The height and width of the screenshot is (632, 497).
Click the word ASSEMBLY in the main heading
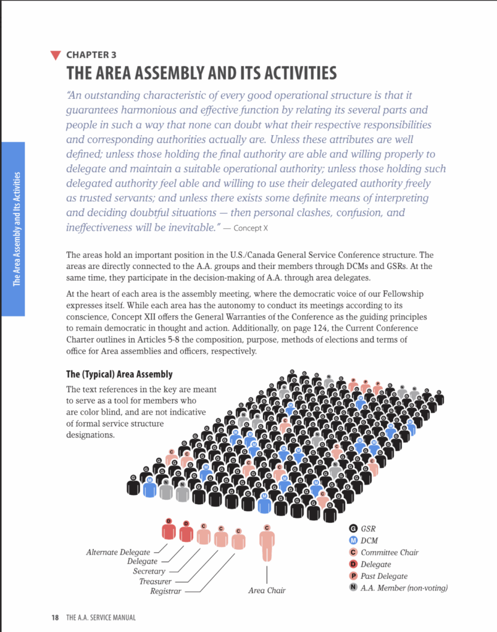tap(172, 73)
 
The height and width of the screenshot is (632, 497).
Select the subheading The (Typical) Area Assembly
tap(119, 375)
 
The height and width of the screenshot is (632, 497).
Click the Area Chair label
tap(267, 591)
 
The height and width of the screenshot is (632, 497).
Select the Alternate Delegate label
tap(118, 552)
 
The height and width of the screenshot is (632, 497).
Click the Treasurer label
tap(155, 581)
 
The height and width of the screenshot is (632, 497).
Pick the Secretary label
tap(149, 572)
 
